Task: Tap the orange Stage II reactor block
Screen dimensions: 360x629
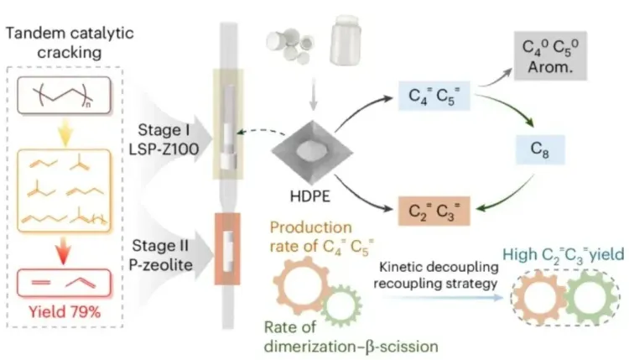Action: coord(227,243)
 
